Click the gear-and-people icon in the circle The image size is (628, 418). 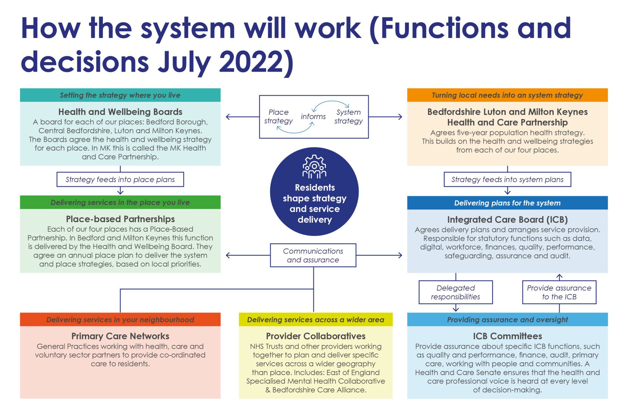(x=314, y=167)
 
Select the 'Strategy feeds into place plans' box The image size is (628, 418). (x=120, y=180)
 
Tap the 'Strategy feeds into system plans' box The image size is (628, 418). (x=507, y=180)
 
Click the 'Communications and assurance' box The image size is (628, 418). (x=313, y=255)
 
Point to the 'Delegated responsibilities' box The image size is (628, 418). (x=456, y=292)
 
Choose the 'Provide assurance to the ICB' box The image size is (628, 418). (x=559, y=292)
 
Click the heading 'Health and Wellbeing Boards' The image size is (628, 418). (x=120, y=112)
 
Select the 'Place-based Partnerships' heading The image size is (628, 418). (x=120, y=219)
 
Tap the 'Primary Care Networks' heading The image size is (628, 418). (x=120, y=336)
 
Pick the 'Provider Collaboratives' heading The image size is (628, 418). (x=316, y=336)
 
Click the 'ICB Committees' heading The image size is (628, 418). (x=507, y=336)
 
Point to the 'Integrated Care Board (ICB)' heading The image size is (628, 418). (x=507, y=220)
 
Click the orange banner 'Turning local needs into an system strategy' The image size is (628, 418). (x=507, y=95)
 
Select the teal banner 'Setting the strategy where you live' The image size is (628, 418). (x=120, y=95)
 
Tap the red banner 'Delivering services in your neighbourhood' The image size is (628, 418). (x=120, y=320)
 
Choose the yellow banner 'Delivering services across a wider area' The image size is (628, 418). (x=316, y=320)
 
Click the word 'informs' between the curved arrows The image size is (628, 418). (x=313, y=117)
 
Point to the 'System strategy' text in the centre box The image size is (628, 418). (x=348, y=117)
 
